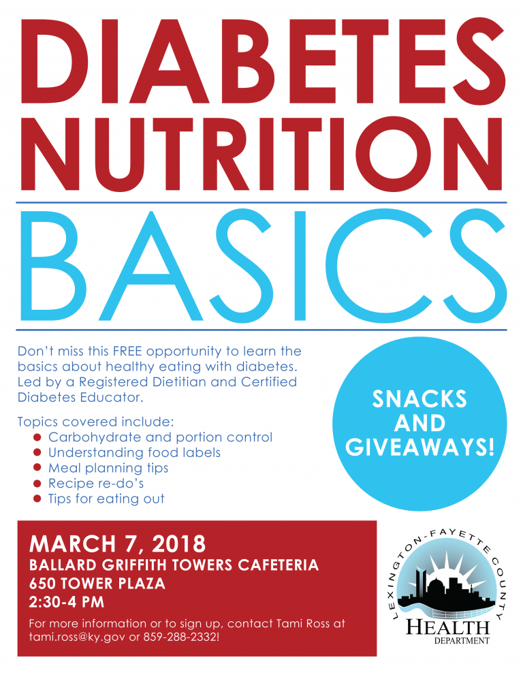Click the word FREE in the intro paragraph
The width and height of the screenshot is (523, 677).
point(127,351)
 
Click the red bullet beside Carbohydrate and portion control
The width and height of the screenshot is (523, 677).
point(37,437)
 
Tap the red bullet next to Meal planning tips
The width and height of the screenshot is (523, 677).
point(37,468)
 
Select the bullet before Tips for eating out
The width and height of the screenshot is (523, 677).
point(37,499)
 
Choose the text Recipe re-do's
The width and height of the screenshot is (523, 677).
point(96,483)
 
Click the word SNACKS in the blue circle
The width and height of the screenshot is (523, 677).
point(419,398)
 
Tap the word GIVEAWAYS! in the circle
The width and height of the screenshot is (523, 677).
point(419,447)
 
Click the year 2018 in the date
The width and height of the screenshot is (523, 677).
point(179,544)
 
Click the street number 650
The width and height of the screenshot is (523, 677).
point(43,584)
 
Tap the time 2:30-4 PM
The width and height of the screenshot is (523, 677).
point(67,602)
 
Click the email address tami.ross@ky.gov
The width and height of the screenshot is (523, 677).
point(78,636)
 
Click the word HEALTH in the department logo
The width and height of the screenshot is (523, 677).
point(447,627)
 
